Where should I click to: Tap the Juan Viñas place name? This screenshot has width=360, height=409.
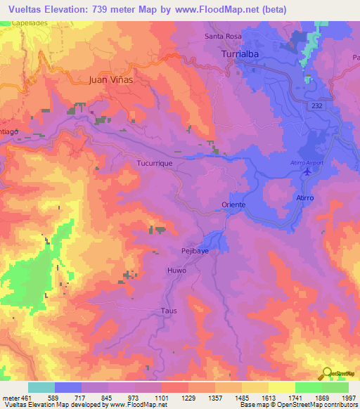point(111,79)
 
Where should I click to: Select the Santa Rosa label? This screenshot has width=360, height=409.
point(222,36)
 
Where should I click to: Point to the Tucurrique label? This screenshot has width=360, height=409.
point(155,162)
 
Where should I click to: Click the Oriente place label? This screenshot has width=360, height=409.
point(233,204)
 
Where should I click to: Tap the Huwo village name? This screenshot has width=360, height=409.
point(176,270)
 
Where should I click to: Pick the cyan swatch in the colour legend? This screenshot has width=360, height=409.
point(41,387)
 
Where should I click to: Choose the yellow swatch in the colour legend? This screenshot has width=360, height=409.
point(281,387)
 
